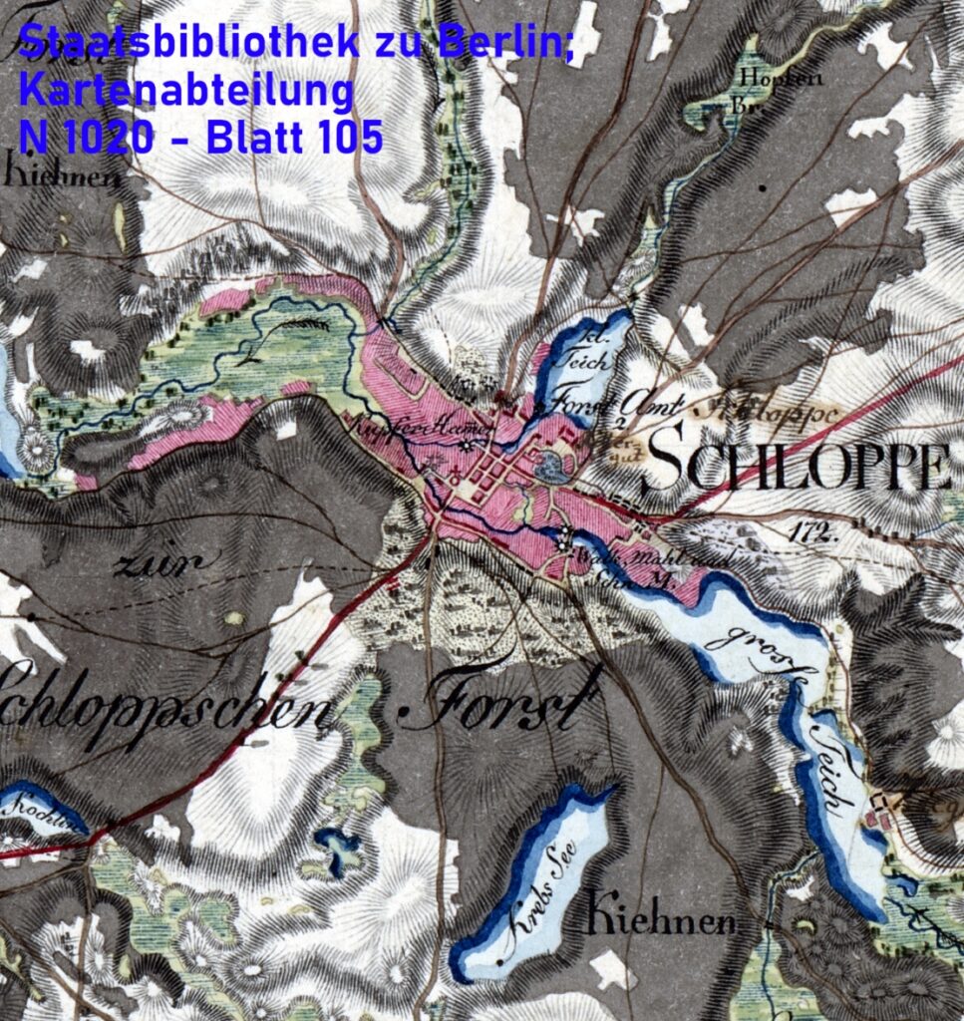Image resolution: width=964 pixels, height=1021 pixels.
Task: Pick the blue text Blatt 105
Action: [x=294, y=138]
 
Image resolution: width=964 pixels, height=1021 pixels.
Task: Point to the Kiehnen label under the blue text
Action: [x=60, y=177]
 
